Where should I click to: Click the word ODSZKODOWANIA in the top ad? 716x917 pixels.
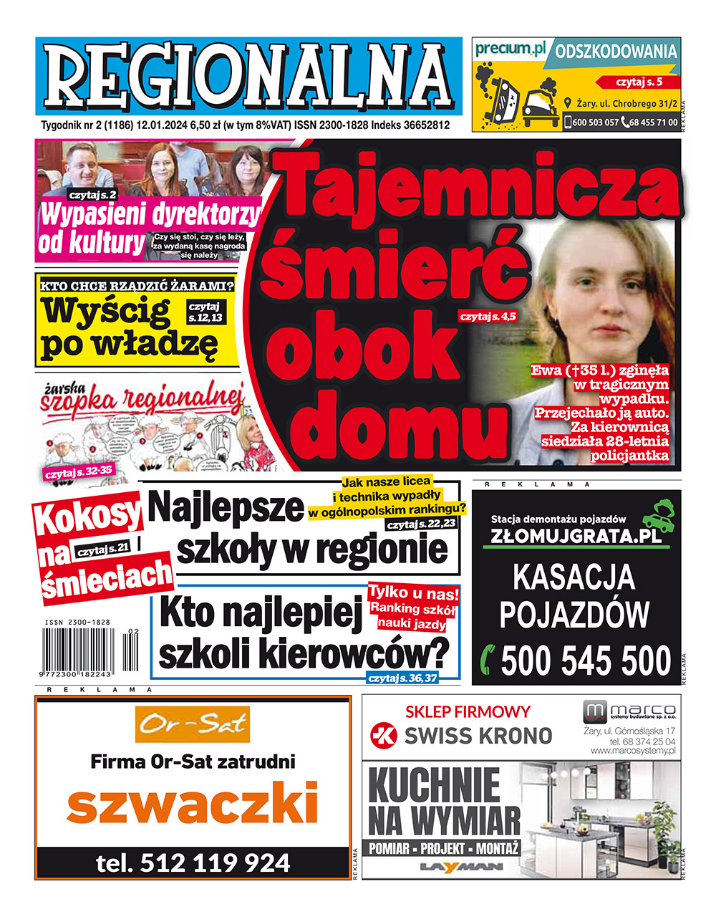(616, 52)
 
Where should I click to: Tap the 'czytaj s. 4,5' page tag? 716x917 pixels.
(488, 315)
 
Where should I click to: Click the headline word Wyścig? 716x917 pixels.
(105, 310)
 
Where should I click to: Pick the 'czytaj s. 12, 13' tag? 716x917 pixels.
(205, 311)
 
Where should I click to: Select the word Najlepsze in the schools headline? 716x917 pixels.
(228, 507)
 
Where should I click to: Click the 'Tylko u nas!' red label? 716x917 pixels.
(413, 593)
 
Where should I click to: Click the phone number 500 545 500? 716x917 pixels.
(586, 661)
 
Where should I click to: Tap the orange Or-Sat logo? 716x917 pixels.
(193, 725)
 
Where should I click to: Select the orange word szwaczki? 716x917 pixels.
(192, 803)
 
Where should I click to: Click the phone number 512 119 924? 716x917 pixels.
(193, 863)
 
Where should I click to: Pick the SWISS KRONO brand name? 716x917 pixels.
(478, 736)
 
